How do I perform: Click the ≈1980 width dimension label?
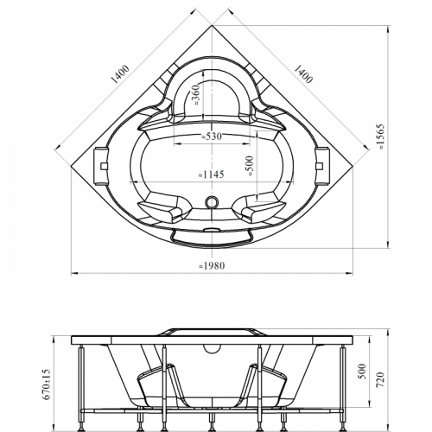click(212, 265)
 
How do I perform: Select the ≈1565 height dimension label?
click(381, 137)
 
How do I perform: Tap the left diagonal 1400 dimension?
click(120, 74)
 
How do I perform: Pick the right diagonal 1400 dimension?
click(303, 74)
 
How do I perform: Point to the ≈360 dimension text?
click(196, 95)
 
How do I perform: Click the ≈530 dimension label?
click(212, 137)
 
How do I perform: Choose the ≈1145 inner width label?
click(211, 175)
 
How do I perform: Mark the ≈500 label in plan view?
click(249, 166)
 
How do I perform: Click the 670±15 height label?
click(47, 384)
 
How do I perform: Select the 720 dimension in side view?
click(381, 379)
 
